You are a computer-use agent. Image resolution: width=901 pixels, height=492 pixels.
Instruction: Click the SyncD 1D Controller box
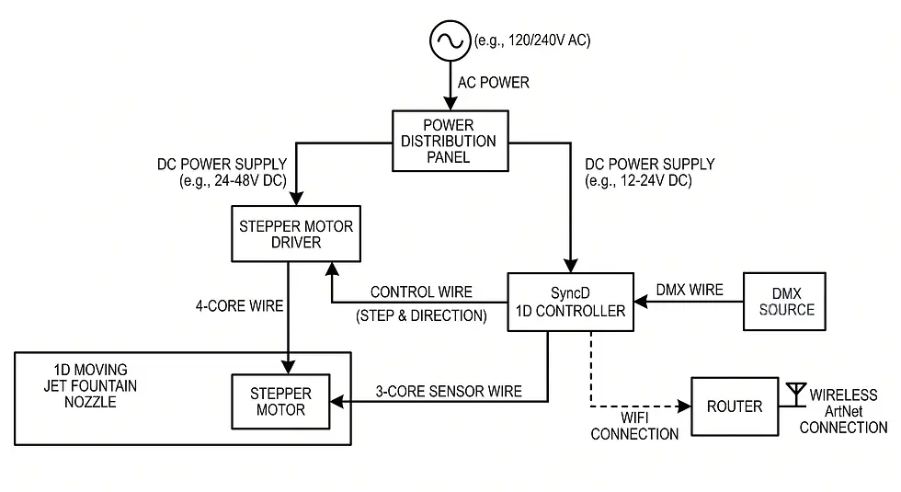coord(571,303)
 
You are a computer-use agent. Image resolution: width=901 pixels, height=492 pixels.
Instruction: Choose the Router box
coord(735,406)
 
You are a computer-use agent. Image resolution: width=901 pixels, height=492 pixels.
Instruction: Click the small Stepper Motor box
coord(280,402)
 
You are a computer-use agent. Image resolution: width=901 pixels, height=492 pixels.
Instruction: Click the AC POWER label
coord(494,83)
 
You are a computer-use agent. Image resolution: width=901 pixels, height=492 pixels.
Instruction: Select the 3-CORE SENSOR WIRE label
coord(449,392)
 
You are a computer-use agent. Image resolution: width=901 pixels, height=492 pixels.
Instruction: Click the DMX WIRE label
coord(690,291)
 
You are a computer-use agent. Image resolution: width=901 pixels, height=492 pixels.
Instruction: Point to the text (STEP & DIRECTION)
coord(422,315)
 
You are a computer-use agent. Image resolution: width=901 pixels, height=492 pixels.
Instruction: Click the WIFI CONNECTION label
coord(634,426)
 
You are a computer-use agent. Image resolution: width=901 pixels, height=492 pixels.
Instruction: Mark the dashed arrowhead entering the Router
coord(686,406)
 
